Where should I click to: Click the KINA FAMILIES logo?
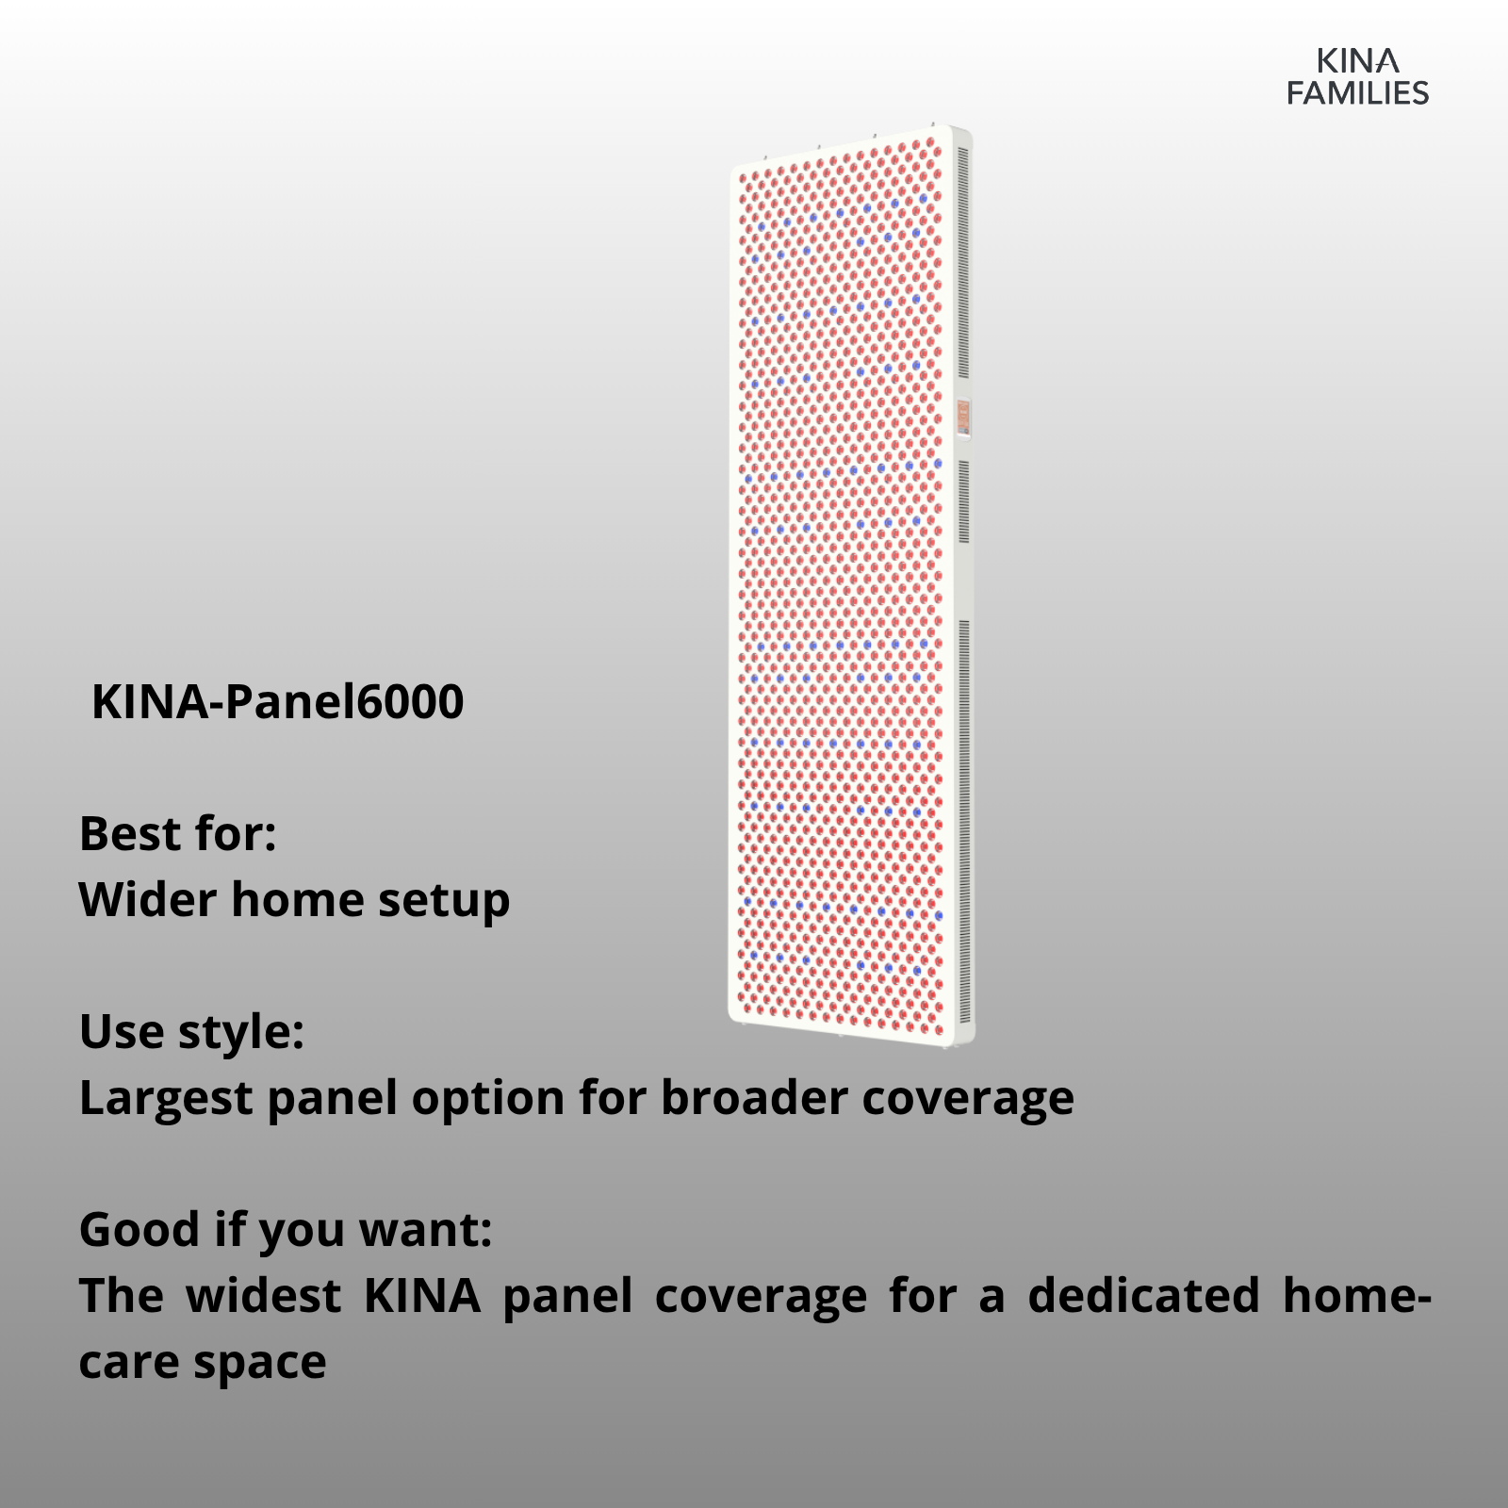click(1358, 77)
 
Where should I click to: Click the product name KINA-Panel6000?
click(278, 702)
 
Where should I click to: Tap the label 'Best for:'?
click(178, 834)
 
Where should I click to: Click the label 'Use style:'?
click(192, 1032)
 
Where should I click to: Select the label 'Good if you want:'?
click(286, 1230)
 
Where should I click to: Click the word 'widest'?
click(263, 1296)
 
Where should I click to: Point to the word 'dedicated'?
click(1143, 1296)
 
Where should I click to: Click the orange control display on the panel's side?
click(963, 418)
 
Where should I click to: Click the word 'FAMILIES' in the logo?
click(1358, 92)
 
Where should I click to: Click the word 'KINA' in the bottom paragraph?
click(422, 1296)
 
